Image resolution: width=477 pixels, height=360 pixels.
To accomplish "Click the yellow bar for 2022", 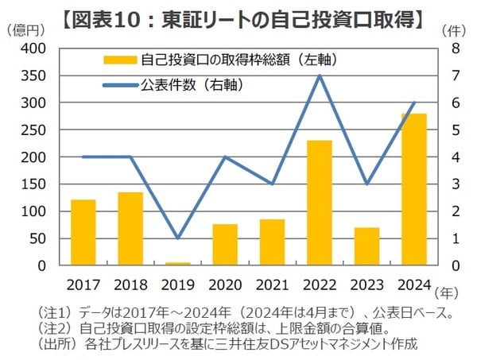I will (320, 203).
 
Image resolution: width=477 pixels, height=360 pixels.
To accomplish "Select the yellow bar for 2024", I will (413, 189).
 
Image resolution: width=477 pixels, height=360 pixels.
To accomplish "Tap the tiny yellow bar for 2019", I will (178, 263).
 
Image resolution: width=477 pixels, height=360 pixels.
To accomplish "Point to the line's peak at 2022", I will (320, 75).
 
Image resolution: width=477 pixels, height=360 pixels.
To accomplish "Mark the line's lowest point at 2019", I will (178, 238).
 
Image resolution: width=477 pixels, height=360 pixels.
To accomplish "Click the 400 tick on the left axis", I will (33, 48).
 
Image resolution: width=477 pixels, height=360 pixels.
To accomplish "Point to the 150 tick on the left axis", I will (33, 184).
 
